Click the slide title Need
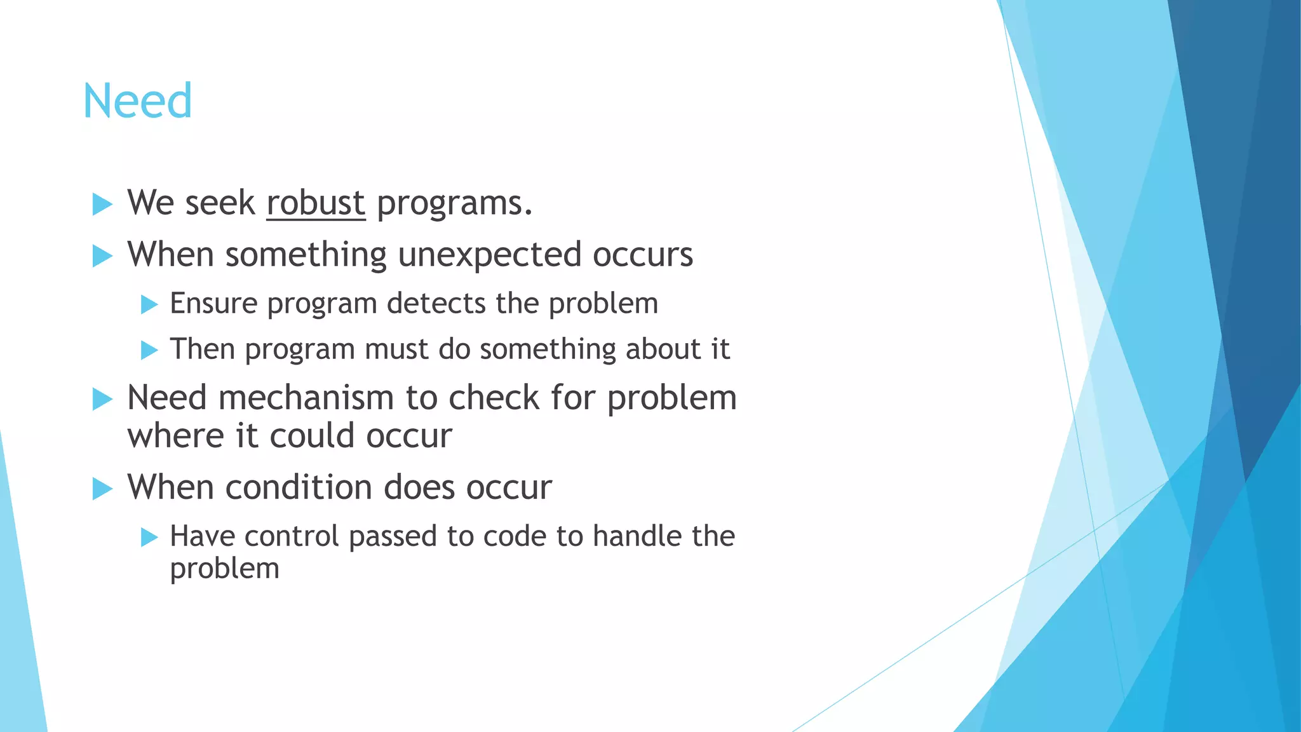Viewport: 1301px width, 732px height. [137, 101]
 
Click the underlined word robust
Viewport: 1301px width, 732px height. [316, 203]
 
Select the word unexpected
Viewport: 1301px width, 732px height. [489, 255]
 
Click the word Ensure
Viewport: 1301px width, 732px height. [213, 303]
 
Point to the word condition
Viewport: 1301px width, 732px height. [298, 488]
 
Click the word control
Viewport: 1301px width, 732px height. [291, 536]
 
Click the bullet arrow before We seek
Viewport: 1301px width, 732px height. [102, 205]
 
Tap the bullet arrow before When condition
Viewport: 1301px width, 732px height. [102, 489]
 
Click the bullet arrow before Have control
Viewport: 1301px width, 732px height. [149, 538]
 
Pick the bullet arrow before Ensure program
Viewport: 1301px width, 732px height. [149, 304]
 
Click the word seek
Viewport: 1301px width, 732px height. [220, 203]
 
